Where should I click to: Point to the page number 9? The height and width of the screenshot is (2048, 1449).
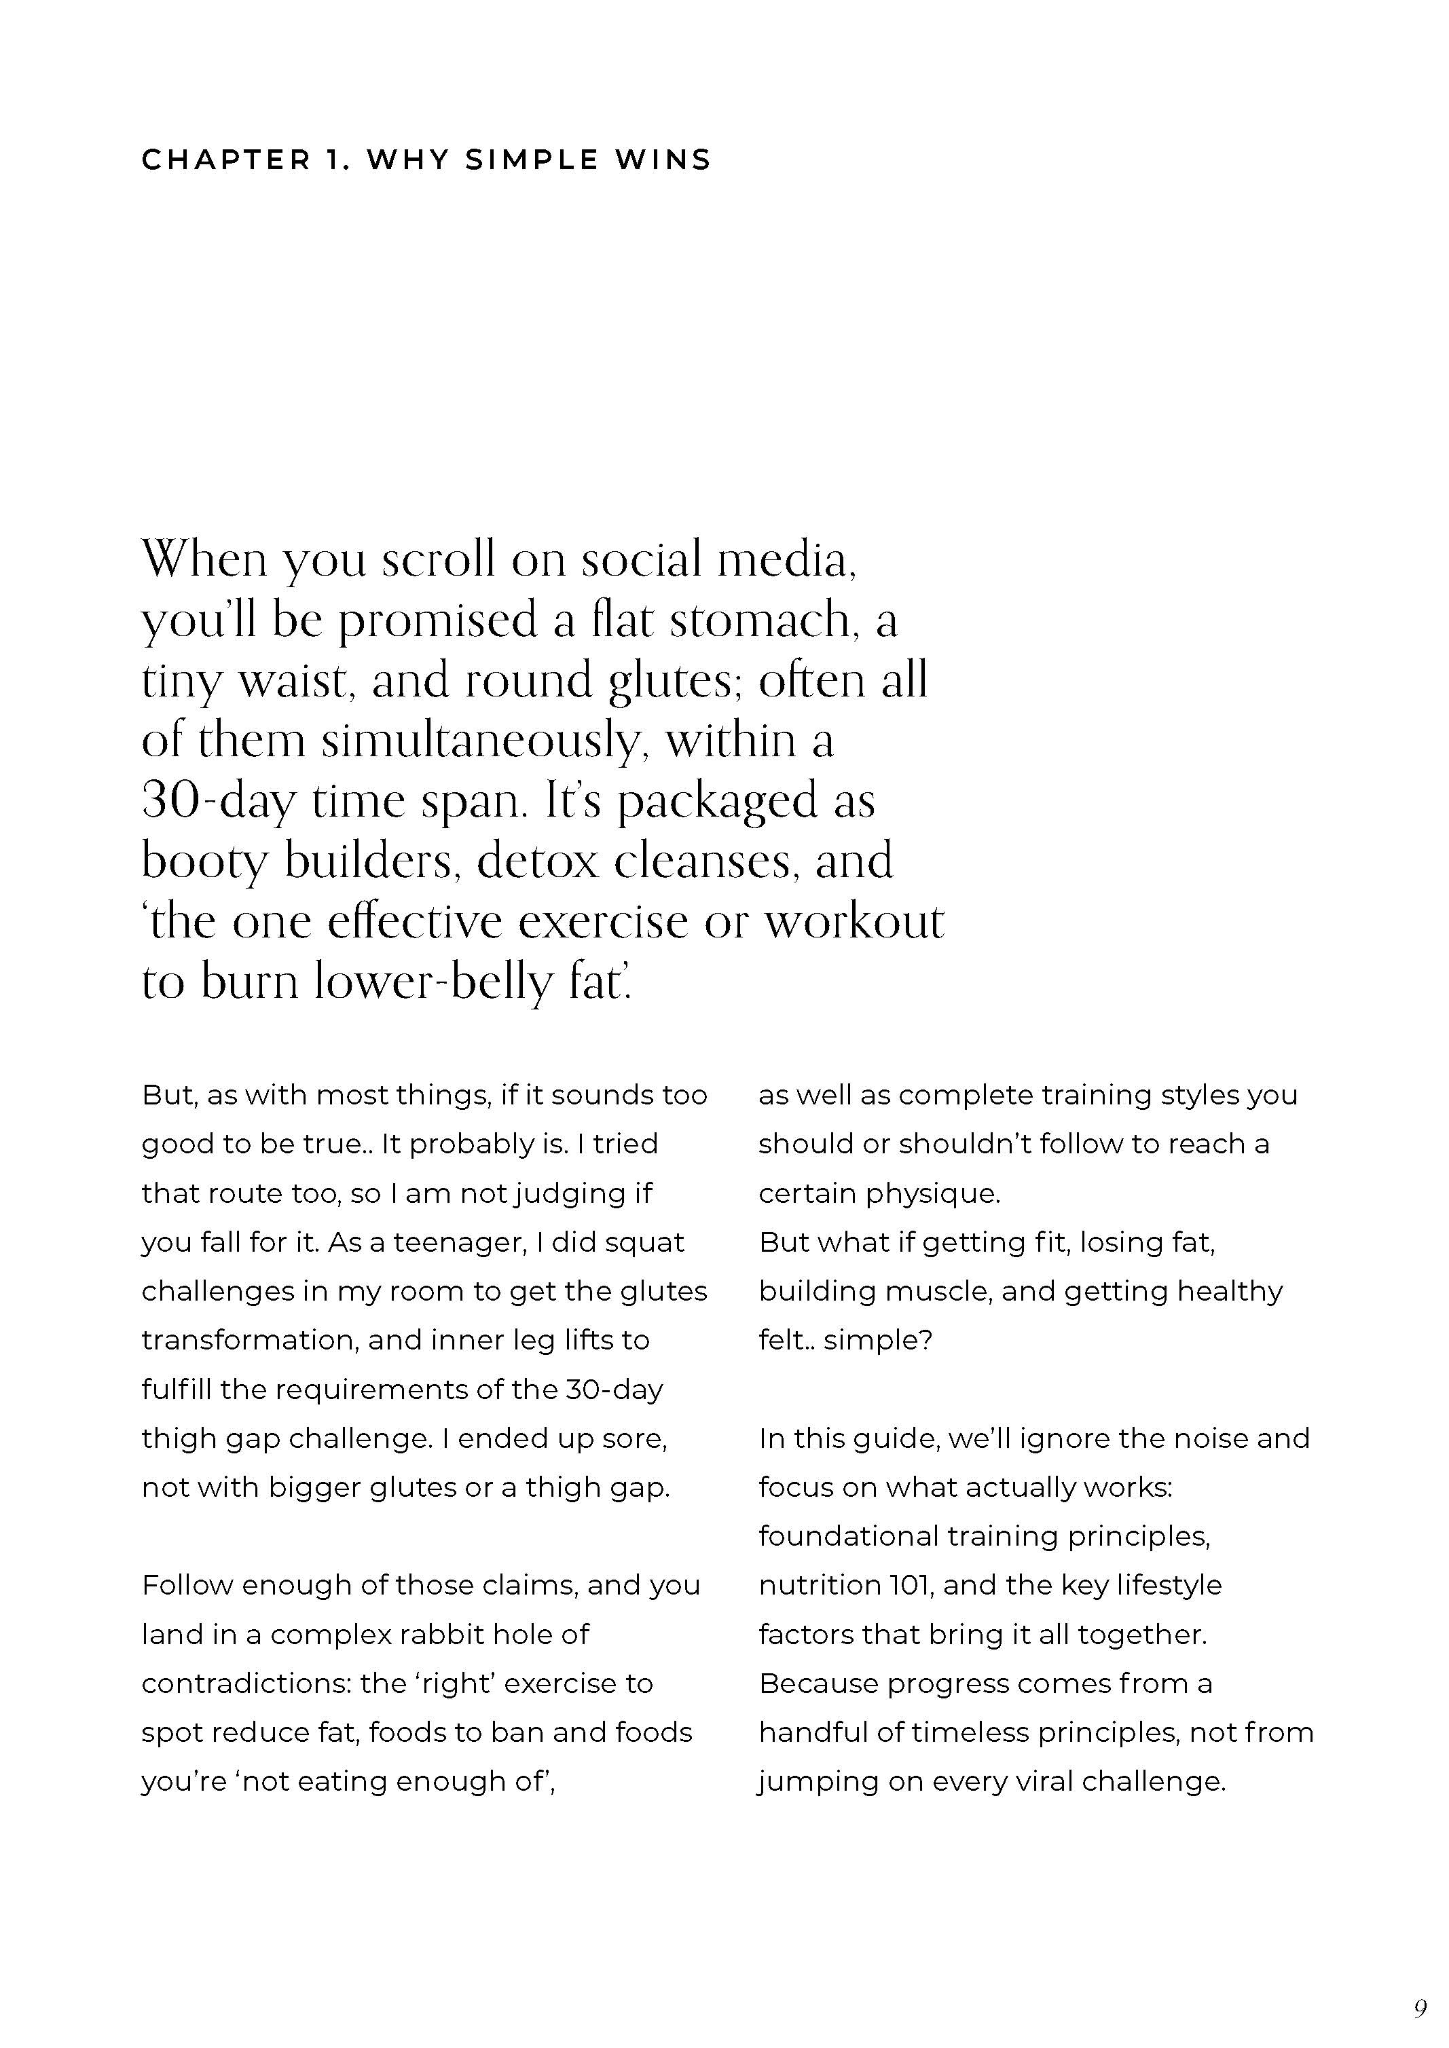click(x=1420, y=2009)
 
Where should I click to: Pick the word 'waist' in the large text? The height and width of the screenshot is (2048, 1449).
click(x=295, y=681)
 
